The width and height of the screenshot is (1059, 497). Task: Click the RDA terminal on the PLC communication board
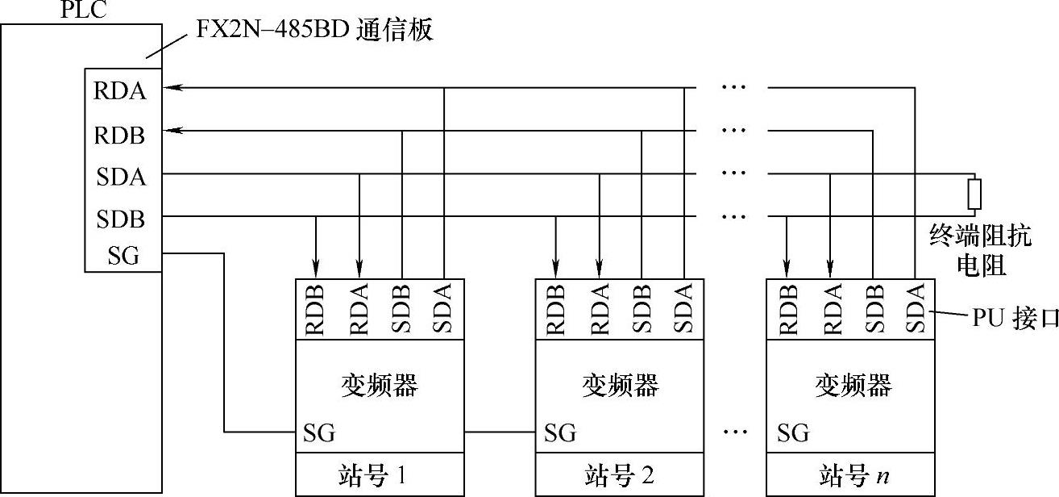tap(121, 90)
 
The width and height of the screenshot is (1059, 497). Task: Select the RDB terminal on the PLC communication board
tap(121, 134)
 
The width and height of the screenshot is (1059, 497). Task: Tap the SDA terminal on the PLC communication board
tap(121, 176)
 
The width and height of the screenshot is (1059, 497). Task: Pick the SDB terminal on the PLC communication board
tap(121, 219)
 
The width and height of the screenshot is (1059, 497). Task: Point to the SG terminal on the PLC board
tap(123, 256)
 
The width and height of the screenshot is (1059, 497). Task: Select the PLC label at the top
tap(84, 10)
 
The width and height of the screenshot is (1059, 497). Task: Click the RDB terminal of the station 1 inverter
tap(316, 309)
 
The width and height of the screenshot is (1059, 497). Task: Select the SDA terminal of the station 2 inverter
tap(683, 309)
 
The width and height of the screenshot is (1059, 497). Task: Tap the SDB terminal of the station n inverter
tap(874, 309)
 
